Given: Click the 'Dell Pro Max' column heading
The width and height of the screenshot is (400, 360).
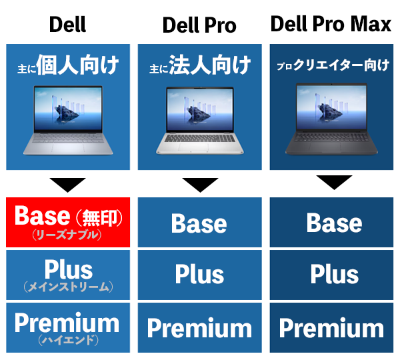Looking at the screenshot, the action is click(x=331, y=24).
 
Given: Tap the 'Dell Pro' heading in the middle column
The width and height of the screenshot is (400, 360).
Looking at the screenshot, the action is click(x=199, y=25).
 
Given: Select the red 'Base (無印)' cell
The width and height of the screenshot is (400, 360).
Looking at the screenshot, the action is click(x=68, y=222).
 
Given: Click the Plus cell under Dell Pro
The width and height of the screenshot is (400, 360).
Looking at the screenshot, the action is click(x=200, y=275).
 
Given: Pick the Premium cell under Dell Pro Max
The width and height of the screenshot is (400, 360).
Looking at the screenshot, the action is click(x=331, y=327).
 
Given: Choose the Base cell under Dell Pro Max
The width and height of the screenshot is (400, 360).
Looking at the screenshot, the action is click(x=331, y=222).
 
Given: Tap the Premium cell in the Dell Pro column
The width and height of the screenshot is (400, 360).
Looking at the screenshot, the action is click(x=200, y=327).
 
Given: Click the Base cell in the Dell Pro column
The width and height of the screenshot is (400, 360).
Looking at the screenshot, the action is click(x=200, y=222).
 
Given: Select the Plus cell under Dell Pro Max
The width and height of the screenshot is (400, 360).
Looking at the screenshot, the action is click(x=331, y=275).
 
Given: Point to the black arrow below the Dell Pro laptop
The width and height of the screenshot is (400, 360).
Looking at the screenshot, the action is click(x=200, y=184).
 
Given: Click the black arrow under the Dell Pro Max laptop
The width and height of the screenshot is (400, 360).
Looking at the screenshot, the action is click(x=334, y=181).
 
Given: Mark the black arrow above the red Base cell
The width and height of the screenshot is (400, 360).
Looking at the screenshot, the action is click(x=67, y=184).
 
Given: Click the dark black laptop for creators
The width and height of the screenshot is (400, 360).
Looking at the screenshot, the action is click(x=331, y=119).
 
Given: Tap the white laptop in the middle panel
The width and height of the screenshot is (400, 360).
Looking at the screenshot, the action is click(x=200, y=121).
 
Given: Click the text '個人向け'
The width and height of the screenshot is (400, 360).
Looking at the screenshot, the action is click(x=77, y=65).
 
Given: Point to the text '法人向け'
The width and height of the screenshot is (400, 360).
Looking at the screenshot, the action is click(x=210, y=65).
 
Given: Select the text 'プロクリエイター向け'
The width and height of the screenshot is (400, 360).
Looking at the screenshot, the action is click(x=333, y=65).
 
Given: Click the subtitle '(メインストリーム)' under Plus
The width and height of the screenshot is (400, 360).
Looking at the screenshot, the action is click(x=68, y=287).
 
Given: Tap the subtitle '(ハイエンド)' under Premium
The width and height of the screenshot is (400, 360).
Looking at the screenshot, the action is click(x=68, y=340).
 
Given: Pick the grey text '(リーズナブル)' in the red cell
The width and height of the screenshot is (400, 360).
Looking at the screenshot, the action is click(x=67, y=235).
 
